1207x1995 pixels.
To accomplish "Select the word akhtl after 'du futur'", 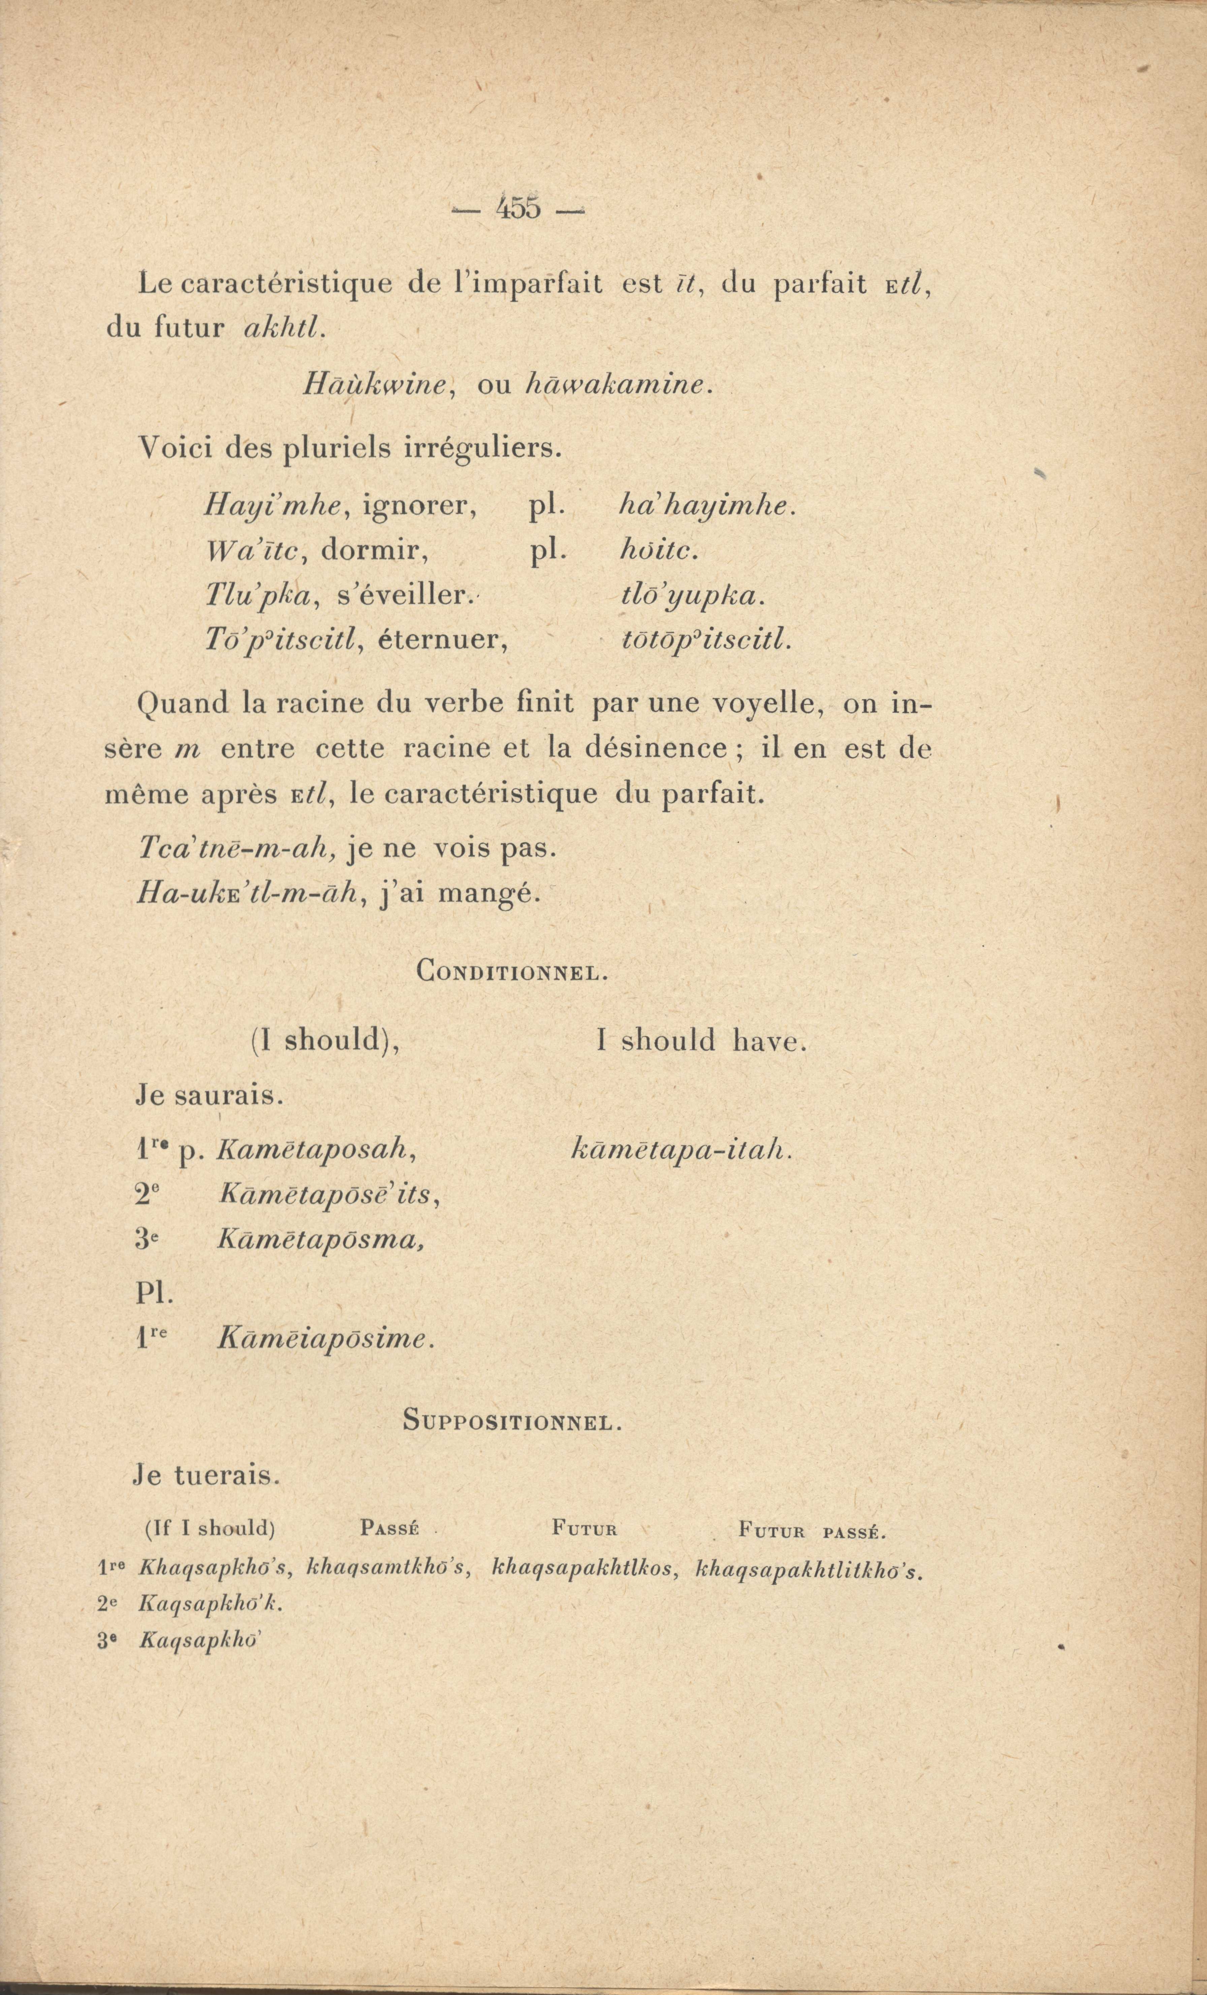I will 283,326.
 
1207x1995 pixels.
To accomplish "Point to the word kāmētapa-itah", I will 680,1150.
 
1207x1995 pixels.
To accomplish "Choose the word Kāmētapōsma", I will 321,1241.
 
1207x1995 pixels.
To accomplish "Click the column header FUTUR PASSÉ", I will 813,1531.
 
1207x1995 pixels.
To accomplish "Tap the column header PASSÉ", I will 387,1530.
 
